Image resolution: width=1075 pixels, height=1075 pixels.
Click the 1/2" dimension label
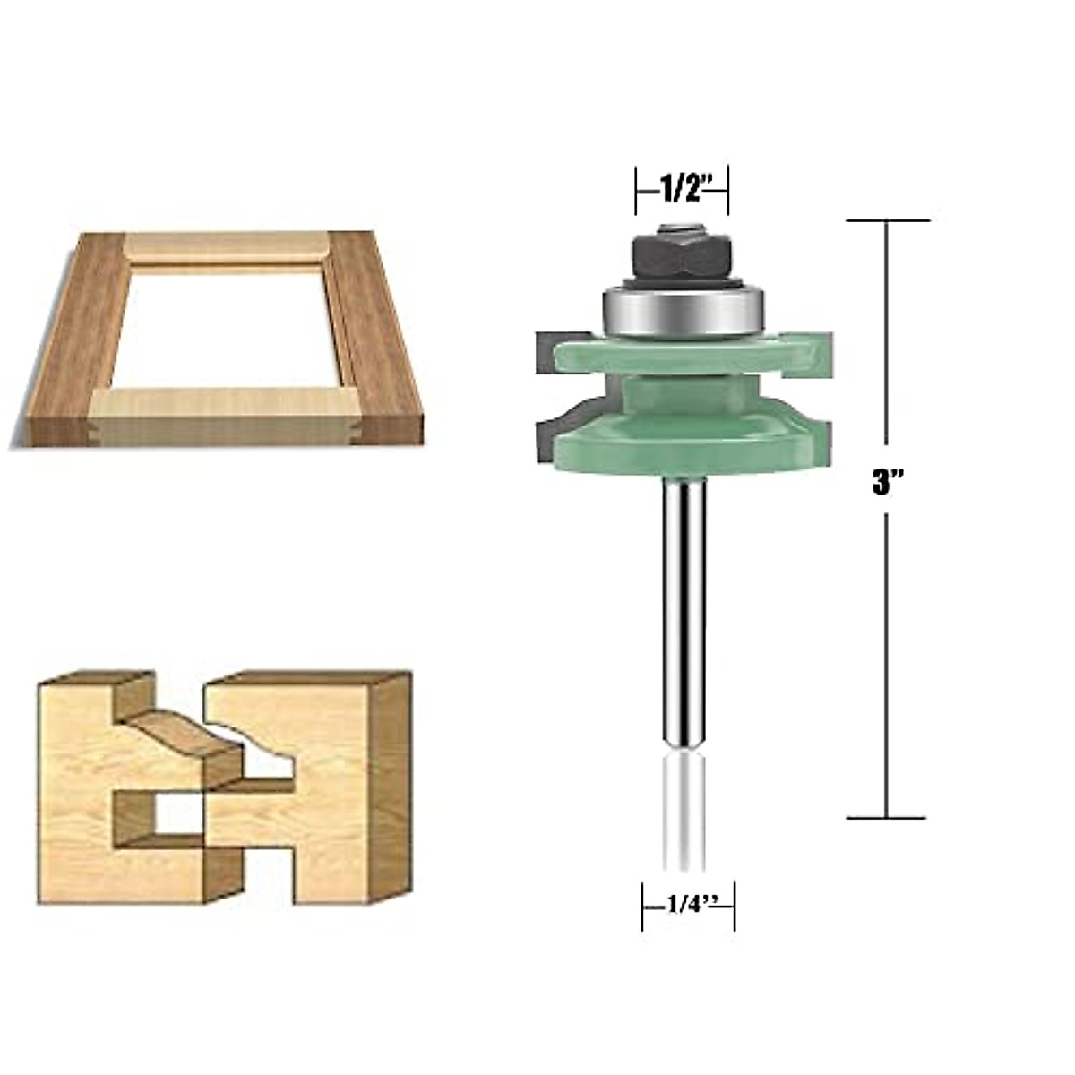pos(684,189)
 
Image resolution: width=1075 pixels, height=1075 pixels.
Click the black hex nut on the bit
pos(682,257)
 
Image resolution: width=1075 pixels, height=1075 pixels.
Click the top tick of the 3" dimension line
pos(887,220)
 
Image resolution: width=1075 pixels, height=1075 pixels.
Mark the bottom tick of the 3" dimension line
pos(887,817)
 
